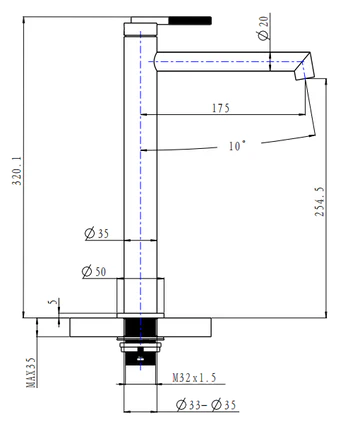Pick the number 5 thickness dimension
click(52, 300)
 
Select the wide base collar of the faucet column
click(140, 296)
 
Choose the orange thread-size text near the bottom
click(192, 377)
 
